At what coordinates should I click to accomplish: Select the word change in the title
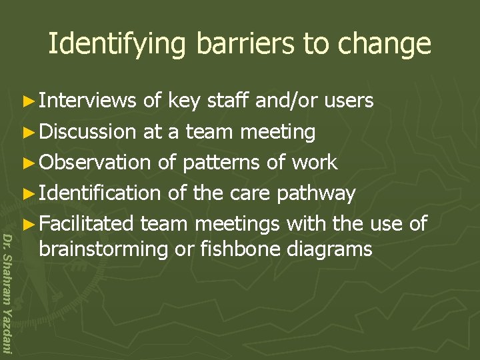point(385,44)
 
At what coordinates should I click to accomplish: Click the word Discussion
point(87,131)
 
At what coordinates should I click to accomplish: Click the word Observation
point(95,162)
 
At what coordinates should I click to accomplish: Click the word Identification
point(99,193)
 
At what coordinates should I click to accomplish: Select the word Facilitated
point(87,223)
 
